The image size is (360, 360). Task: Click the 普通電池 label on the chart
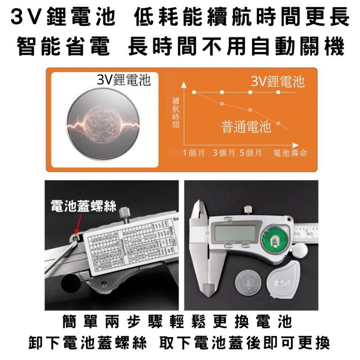(246, 127)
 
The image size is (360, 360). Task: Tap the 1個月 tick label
(194, 153)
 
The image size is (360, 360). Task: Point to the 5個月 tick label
(251, 153)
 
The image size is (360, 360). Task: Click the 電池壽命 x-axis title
(290, 153)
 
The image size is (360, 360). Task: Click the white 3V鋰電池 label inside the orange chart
(278, 81)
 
